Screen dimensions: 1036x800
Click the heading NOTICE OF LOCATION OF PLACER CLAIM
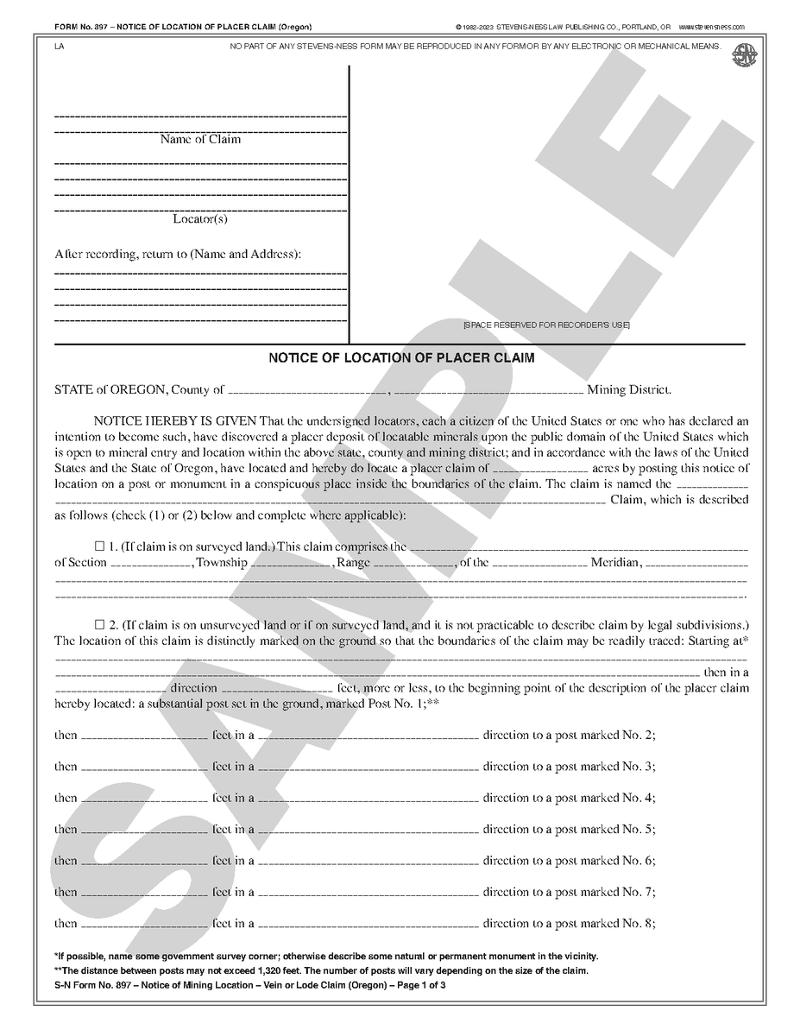coord(401,357)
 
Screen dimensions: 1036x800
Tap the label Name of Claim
coord(200,139)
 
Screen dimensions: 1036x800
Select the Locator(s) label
coord(200,219)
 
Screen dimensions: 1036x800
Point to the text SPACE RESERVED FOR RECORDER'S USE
coord(546,325)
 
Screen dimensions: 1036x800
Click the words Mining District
coord(628,390)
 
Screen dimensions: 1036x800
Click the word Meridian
coord(615,563)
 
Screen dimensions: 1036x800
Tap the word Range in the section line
coord(353,563)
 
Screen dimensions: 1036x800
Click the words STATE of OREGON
coord(110,390)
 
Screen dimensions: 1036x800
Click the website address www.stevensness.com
coord(712,28)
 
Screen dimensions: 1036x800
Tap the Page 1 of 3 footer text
coord(418,985)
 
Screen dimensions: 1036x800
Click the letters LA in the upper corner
coord(58,47)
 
